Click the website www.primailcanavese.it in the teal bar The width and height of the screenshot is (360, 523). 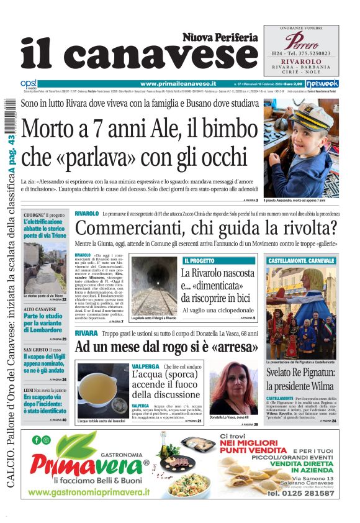(178, 83)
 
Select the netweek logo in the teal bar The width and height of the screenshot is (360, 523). (323, 83)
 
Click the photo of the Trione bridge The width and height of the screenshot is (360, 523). (45, 266)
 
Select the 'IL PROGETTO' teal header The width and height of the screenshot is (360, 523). (199, 260)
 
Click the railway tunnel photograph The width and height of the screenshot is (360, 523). (153, 285)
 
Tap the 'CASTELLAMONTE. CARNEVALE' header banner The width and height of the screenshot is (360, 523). (301, 260)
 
